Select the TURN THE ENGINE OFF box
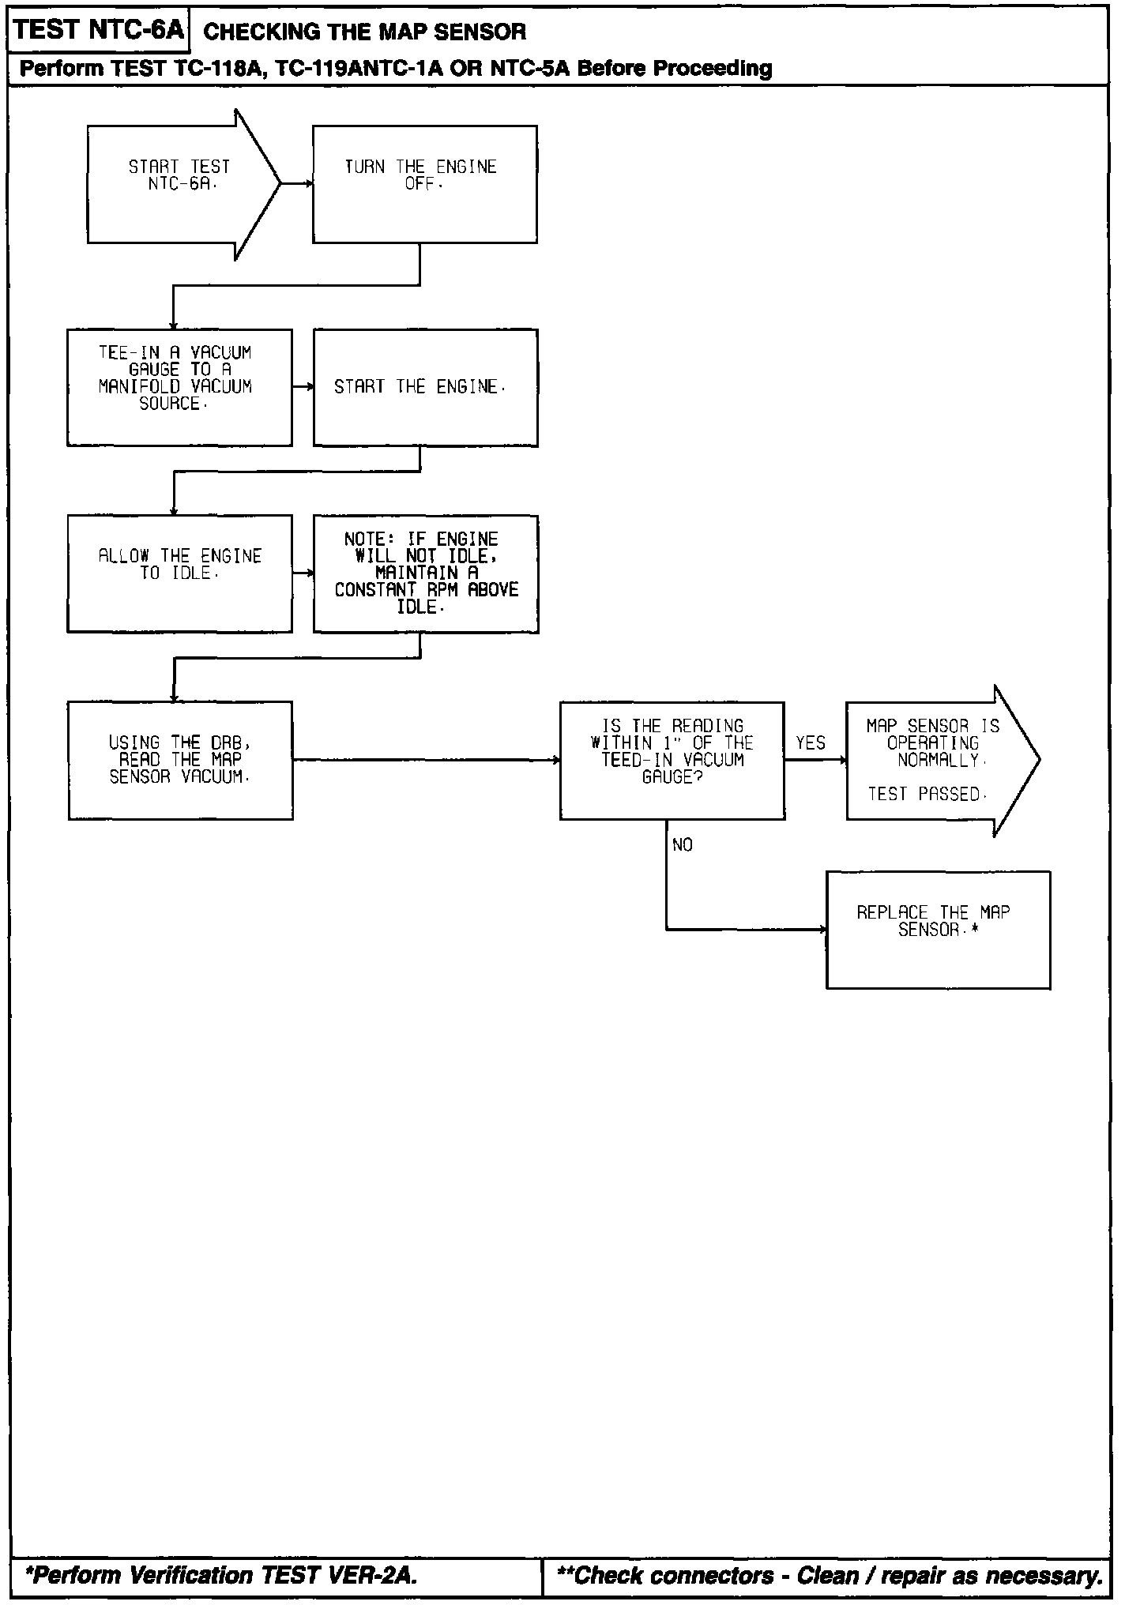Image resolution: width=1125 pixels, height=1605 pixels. click(x=424, y=184)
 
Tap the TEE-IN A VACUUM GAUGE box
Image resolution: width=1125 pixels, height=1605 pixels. click(x=179, y=387)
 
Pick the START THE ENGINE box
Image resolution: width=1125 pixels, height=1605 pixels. click(x=425, y=387)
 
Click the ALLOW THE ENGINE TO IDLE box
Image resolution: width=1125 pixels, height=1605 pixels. click(x=179, y=573)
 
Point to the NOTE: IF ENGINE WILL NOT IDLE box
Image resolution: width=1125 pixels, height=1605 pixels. click(x=426, y=573)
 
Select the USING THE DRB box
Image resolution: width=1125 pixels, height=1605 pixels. click(x=180, y=760)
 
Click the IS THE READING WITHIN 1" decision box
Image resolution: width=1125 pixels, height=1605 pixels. click(x=672, y=760)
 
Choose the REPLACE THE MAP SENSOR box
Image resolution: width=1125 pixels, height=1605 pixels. click(x=938, y=930)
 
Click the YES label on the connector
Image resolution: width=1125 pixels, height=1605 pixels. click(x=811, y=743)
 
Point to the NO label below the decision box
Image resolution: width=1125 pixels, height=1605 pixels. click(x=683, y=845)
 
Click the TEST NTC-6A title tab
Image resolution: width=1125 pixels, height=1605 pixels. click(x=99, y=31)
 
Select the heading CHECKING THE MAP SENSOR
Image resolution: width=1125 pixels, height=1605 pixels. click(x=365, y=32)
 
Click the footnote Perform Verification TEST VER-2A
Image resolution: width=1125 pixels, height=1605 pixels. click(x=221, y=1576)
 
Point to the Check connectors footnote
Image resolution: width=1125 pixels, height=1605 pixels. click(x=830, y=1576)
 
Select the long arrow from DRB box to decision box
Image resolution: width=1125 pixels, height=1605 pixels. click(x=427, y=760)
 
